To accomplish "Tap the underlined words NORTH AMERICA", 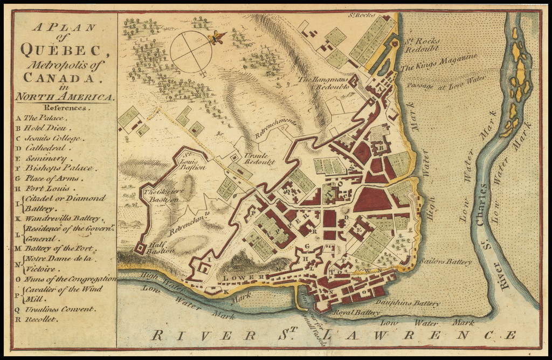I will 65,97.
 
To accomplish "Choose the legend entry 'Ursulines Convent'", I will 59,309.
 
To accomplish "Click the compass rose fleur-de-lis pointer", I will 217,38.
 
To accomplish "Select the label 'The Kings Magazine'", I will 439,63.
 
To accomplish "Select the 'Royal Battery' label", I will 349,312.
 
